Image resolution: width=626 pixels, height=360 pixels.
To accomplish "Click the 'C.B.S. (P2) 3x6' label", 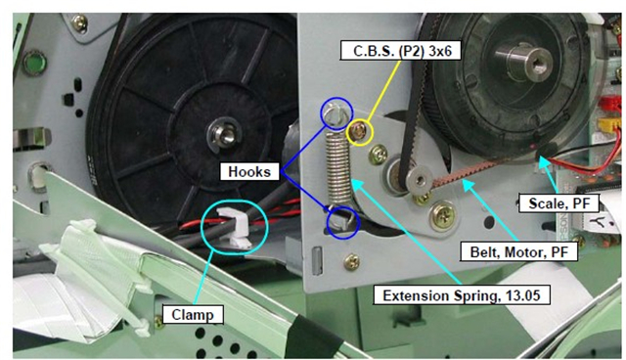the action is [400, 50].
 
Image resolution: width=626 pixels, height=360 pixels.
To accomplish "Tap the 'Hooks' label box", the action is [249, 171].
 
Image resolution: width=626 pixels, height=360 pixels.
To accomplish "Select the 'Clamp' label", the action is [193, 314].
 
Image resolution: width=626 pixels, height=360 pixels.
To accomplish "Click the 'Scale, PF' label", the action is [559, 203].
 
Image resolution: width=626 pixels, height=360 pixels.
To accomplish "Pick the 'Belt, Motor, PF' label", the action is [519, 251].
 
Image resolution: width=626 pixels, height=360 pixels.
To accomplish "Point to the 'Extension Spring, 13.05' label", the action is [462, 295].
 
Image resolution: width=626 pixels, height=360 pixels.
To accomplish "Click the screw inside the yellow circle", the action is [359, 132].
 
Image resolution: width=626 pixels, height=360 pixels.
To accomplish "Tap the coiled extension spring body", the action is [338, 167].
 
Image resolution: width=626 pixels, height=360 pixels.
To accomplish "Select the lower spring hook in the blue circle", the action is [341, 220].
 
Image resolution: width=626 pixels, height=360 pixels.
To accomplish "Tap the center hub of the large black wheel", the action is [224, 134].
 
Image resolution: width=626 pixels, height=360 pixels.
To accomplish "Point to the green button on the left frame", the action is [35, 64].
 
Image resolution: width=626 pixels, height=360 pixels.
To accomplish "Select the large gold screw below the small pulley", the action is [442, 216].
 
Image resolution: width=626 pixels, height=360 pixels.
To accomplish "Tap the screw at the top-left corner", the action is [79, 23].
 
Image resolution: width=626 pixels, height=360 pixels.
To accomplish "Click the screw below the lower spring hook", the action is [351, 262].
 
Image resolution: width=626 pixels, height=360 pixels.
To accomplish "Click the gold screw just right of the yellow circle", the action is [378, 155].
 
